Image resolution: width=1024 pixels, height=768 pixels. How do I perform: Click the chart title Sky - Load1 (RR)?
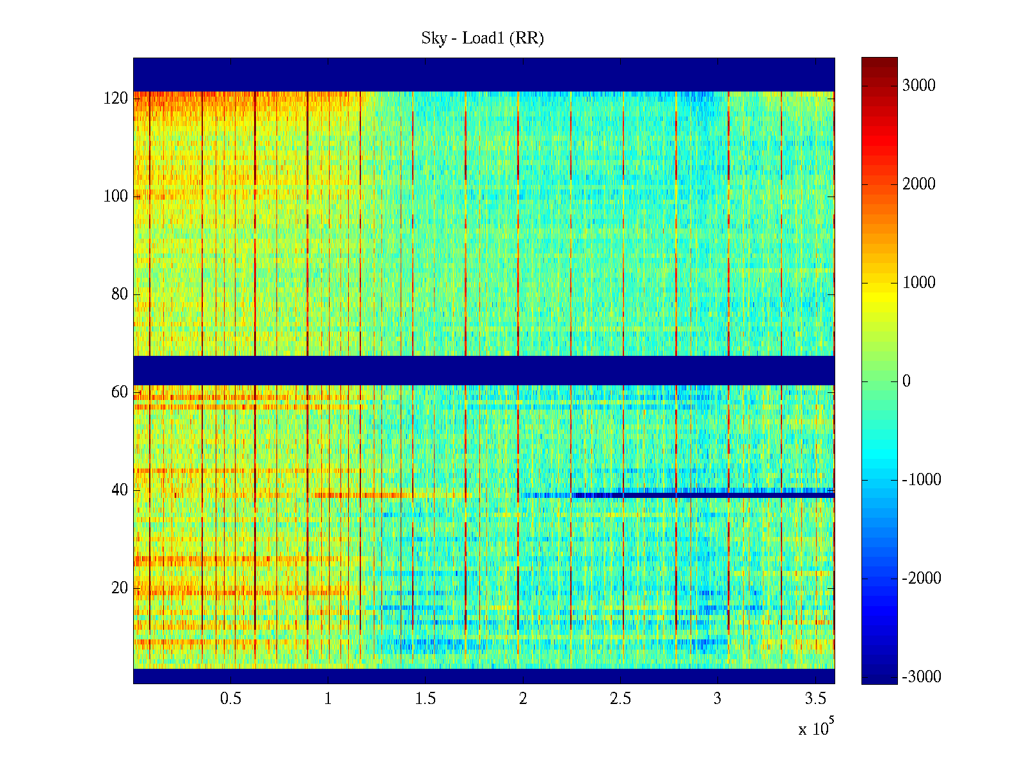click(483, 38)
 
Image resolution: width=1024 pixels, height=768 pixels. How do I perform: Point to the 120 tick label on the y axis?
click(116, 99)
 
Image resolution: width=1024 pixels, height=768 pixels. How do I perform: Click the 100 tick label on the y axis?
click(116, 196)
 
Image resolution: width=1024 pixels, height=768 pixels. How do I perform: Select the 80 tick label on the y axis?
click(120, 294)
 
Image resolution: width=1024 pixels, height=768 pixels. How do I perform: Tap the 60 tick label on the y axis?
click(120, 392)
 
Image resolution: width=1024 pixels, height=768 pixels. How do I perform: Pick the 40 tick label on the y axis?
click(120, 490)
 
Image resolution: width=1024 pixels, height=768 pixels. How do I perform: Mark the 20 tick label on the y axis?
click(120, 588)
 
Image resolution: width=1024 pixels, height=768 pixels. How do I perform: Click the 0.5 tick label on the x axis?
click(231, 699)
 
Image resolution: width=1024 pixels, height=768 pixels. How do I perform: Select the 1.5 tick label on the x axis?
click(426, 699)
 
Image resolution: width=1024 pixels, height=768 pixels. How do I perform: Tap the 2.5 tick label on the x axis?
click(620, 699)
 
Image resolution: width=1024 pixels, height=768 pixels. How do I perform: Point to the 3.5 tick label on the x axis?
click(815, 699)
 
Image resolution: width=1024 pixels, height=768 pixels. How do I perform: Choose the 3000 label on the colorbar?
click(919, 86)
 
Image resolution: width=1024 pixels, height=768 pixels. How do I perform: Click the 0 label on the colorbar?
click(906, 381)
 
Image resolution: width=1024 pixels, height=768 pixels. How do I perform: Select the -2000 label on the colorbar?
click(922, 579)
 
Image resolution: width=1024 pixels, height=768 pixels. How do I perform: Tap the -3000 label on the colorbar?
click(922, 677)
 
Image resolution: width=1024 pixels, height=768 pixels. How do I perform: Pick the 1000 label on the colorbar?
click(919, 283)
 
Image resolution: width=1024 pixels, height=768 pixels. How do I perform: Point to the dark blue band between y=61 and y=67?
click(484, 371)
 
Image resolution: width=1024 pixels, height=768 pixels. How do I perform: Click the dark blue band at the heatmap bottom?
click(484, 676)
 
